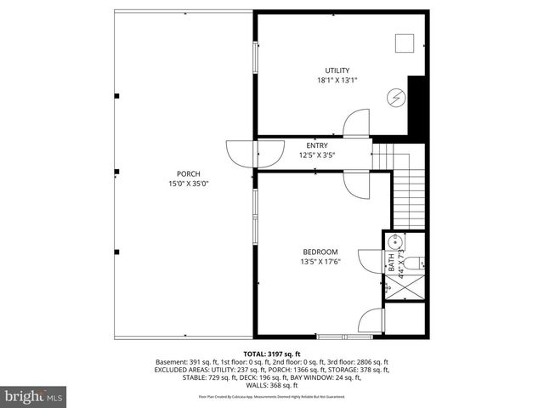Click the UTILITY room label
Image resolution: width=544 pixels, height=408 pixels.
337,71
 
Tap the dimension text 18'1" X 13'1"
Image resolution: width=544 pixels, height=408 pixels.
337,81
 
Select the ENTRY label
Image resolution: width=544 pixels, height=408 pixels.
317,146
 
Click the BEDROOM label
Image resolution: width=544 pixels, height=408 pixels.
320,252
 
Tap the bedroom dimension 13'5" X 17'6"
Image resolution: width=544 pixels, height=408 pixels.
320,262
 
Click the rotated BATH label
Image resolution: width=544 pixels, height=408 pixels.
392,263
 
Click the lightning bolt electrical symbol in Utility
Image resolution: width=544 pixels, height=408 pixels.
396,97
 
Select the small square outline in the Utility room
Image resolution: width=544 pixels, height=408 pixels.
404,42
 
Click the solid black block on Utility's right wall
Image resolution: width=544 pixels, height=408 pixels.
416,104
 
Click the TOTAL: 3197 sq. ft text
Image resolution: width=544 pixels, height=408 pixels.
272,354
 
